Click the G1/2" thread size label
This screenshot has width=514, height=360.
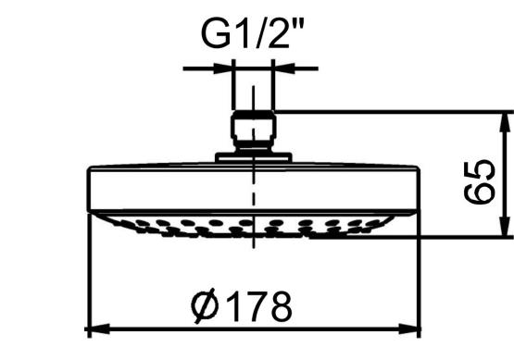[253, 33]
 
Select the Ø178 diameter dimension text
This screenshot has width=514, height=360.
[242, 306]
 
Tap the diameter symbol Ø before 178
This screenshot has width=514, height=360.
[205, 306]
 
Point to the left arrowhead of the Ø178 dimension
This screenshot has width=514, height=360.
[97, 329]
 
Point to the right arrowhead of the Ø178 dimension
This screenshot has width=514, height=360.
[409, 329]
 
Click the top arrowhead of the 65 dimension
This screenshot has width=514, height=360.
[505, 123]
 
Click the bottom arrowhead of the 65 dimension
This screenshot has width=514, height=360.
[505, 225]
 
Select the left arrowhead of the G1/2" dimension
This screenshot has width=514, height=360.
[223, 68]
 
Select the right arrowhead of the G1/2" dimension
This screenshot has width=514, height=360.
[284, 68]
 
